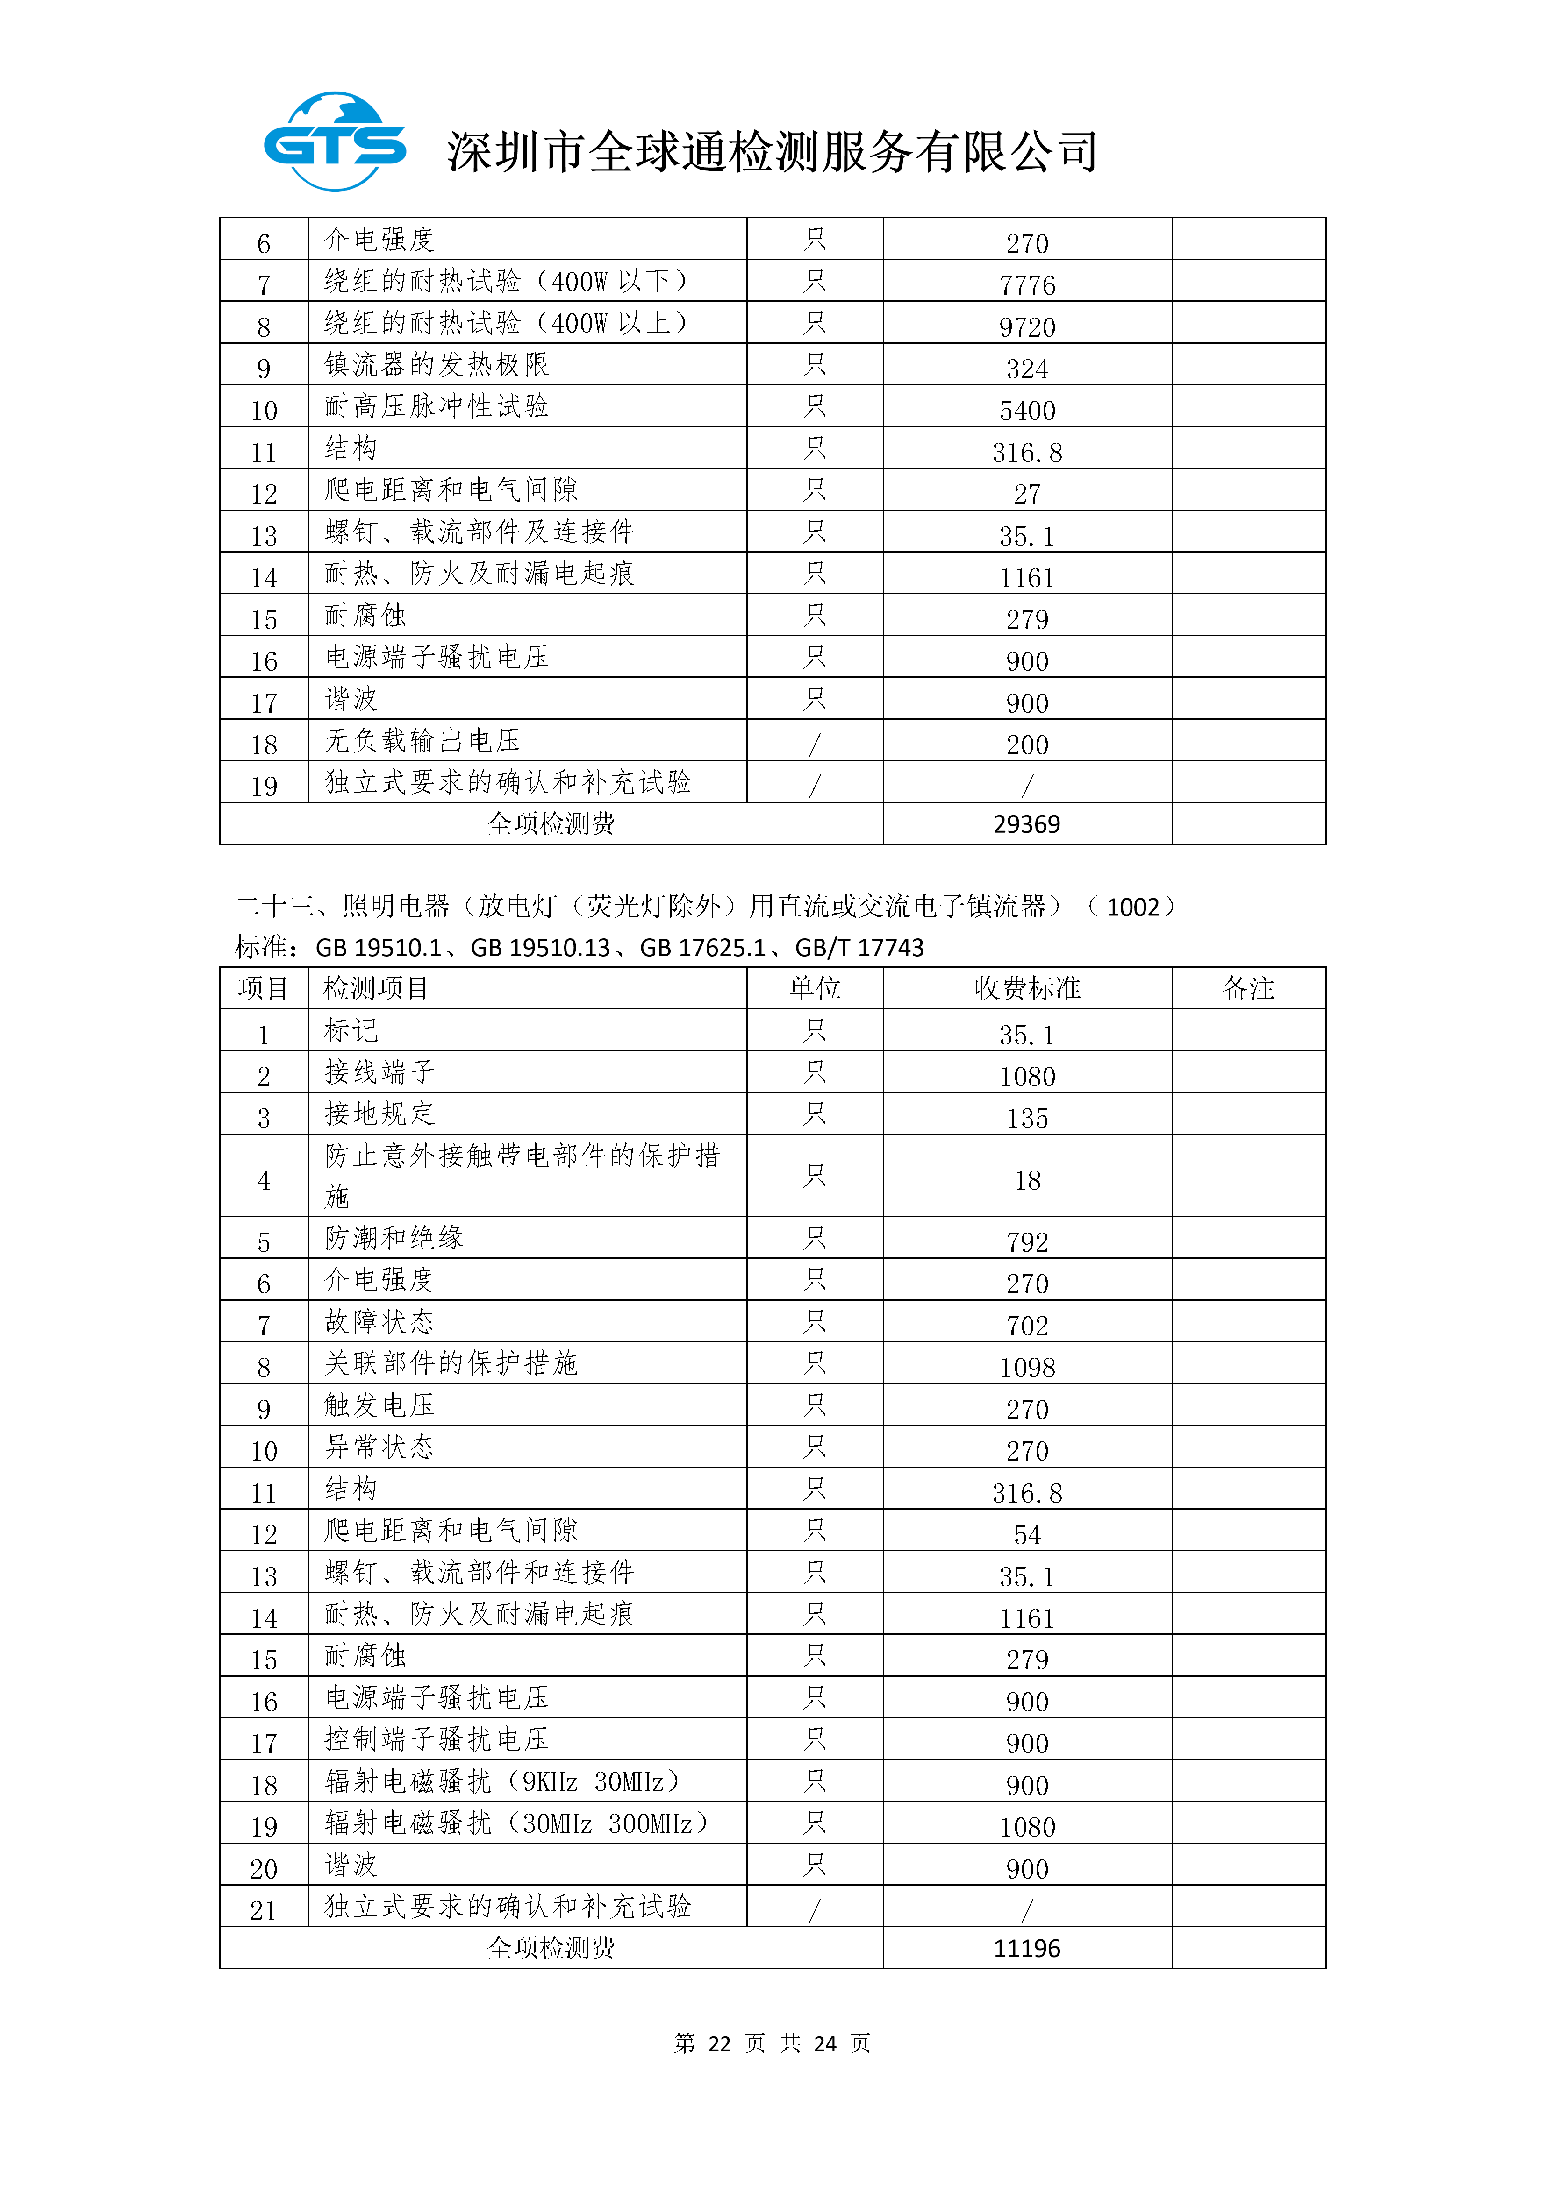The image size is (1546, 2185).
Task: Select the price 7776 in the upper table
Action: (1027, 284)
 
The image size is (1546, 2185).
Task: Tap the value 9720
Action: (1027, 326)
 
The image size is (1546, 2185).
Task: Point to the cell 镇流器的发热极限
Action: (437, 364)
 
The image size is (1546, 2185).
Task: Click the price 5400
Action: (1027, 410)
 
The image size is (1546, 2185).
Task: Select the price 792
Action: (1027, 1242)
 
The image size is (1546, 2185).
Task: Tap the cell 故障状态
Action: (380, 1322)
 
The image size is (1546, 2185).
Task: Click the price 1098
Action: (1027, 1368)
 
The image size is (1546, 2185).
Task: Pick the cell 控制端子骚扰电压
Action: (437, 1739)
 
